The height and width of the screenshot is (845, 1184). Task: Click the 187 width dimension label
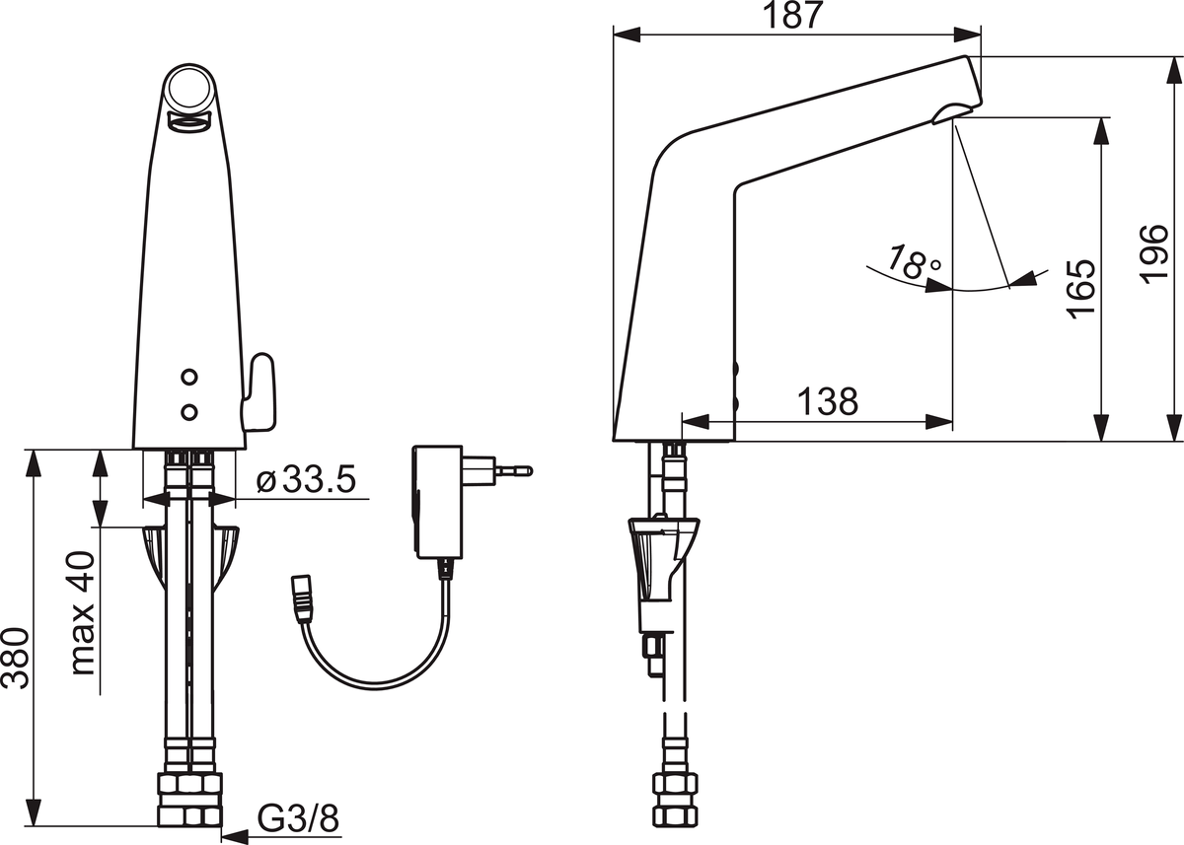click(x=794, y=16)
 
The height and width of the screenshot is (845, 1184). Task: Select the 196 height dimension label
click(x=1153, y=254)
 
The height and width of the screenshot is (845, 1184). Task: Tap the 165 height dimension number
click(x=1081, y=289)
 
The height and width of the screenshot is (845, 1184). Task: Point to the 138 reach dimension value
click(x=828, y=401)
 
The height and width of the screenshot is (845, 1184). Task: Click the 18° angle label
click(x=913, y=261)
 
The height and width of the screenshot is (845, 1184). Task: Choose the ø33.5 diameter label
click(x=307, y=480)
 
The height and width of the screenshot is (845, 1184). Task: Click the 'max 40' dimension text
click(x=83, y=613)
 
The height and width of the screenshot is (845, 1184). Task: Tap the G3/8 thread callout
click(x=298, y=818)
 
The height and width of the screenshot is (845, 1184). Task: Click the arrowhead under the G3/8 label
click(x=235, y=836)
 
